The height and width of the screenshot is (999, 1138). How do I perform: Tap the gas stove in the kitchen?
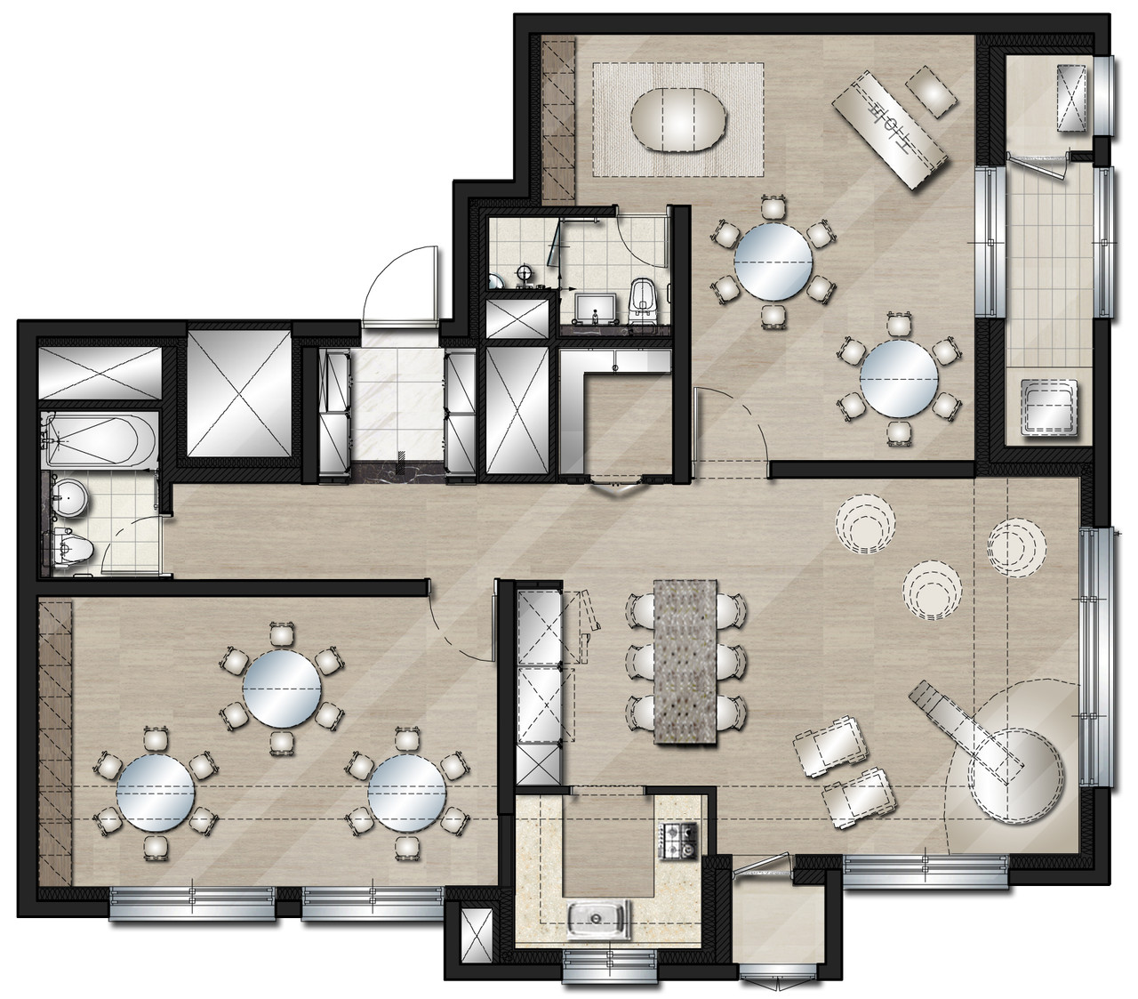[679, 841]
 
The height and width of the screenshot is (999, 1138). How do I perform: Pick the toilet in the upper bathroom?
[642, 302]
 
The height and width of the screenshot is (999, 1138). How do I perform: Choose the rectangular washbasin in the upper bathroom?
[595, 307]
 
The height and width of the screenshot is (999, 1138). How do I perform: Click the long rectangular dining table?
[685, 662]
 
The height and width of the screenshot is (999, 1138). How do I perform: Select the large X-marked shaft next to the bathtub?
[239, 393]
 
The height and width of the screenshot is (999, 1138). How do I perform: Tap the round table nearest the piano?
[773, 262]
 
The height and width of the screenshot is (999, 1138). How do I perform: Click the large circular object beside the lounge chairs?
[1015, 777]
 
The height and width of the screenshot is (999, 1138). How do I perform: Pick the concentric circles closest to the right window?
[1016, 547]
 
